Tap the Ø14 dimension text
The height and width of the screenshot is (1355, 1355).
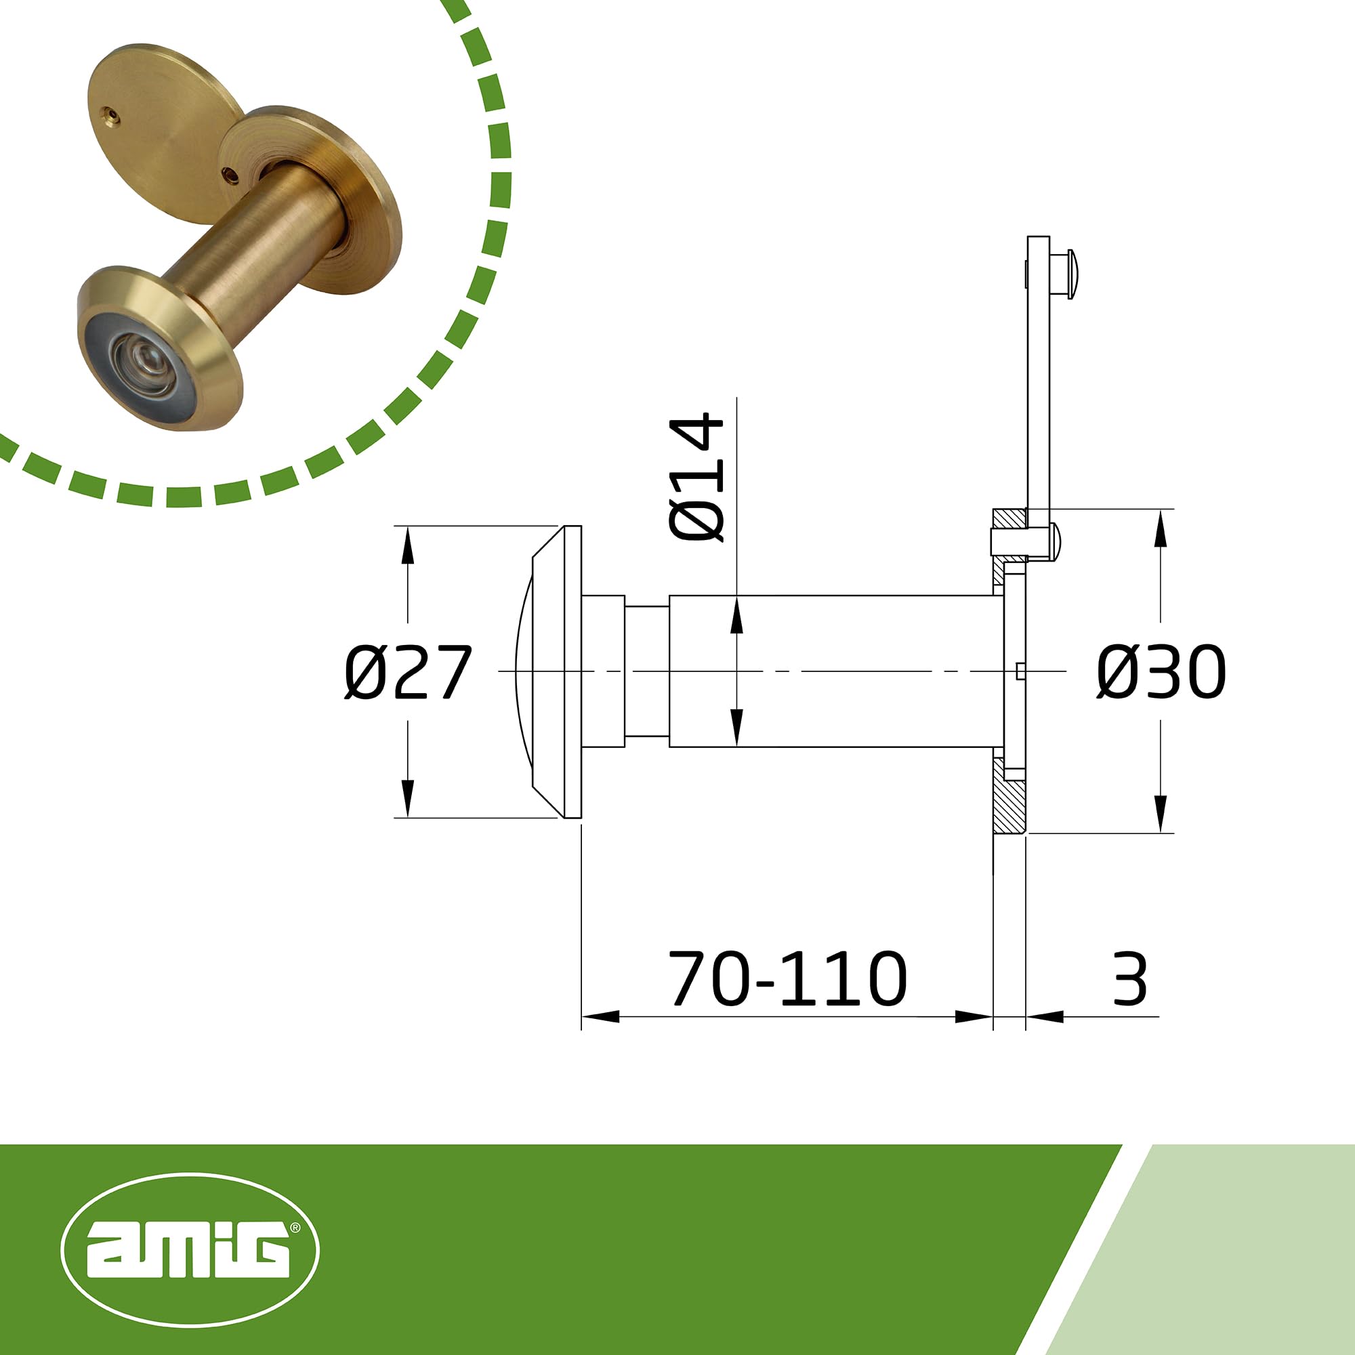click(x=696, y=477)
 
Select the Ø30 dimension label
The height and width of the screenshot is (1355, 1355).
click(x=1161, y=673)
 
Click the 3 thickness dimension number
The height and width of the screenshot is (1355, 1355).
click(x=1130, y=979)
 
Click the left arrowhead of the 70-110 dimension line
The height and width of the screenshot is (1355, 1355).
click(x=600, y=1016)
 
